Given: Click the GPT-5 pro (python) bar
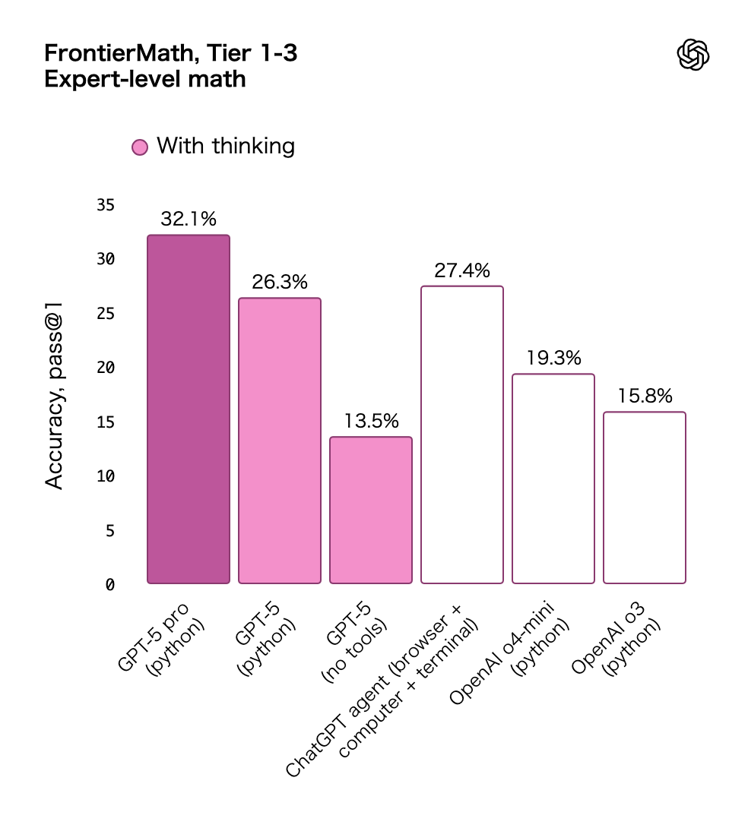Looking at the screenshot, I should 188,409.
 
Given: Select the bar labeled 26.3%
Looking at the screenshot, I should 279,441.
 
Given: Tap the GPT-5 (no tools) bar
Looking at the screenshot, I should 370,510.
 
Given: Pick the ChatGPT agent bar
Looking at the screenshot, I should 461,435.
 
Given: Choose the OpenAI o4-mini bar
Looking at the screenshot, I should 553,479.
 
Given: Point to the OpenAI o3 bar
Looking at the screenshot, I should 644,498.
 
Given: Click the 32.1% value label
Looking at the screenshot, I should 188,220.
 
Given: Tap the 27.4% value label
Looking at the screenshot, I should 461,270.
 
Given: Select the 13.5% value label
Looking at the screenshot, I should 370,422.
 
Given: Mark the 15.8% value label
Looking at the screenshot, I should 644,397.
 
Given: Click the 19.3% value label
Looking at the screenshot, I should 553,358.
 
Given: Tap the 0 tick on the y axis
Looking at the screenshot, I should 109,584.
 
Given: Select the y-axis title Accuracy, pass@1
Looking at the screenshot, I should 55,394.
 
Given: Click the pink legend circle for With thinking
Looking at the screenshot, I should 139,147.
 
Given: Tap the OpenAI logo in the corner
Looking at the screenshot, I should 693,55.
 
